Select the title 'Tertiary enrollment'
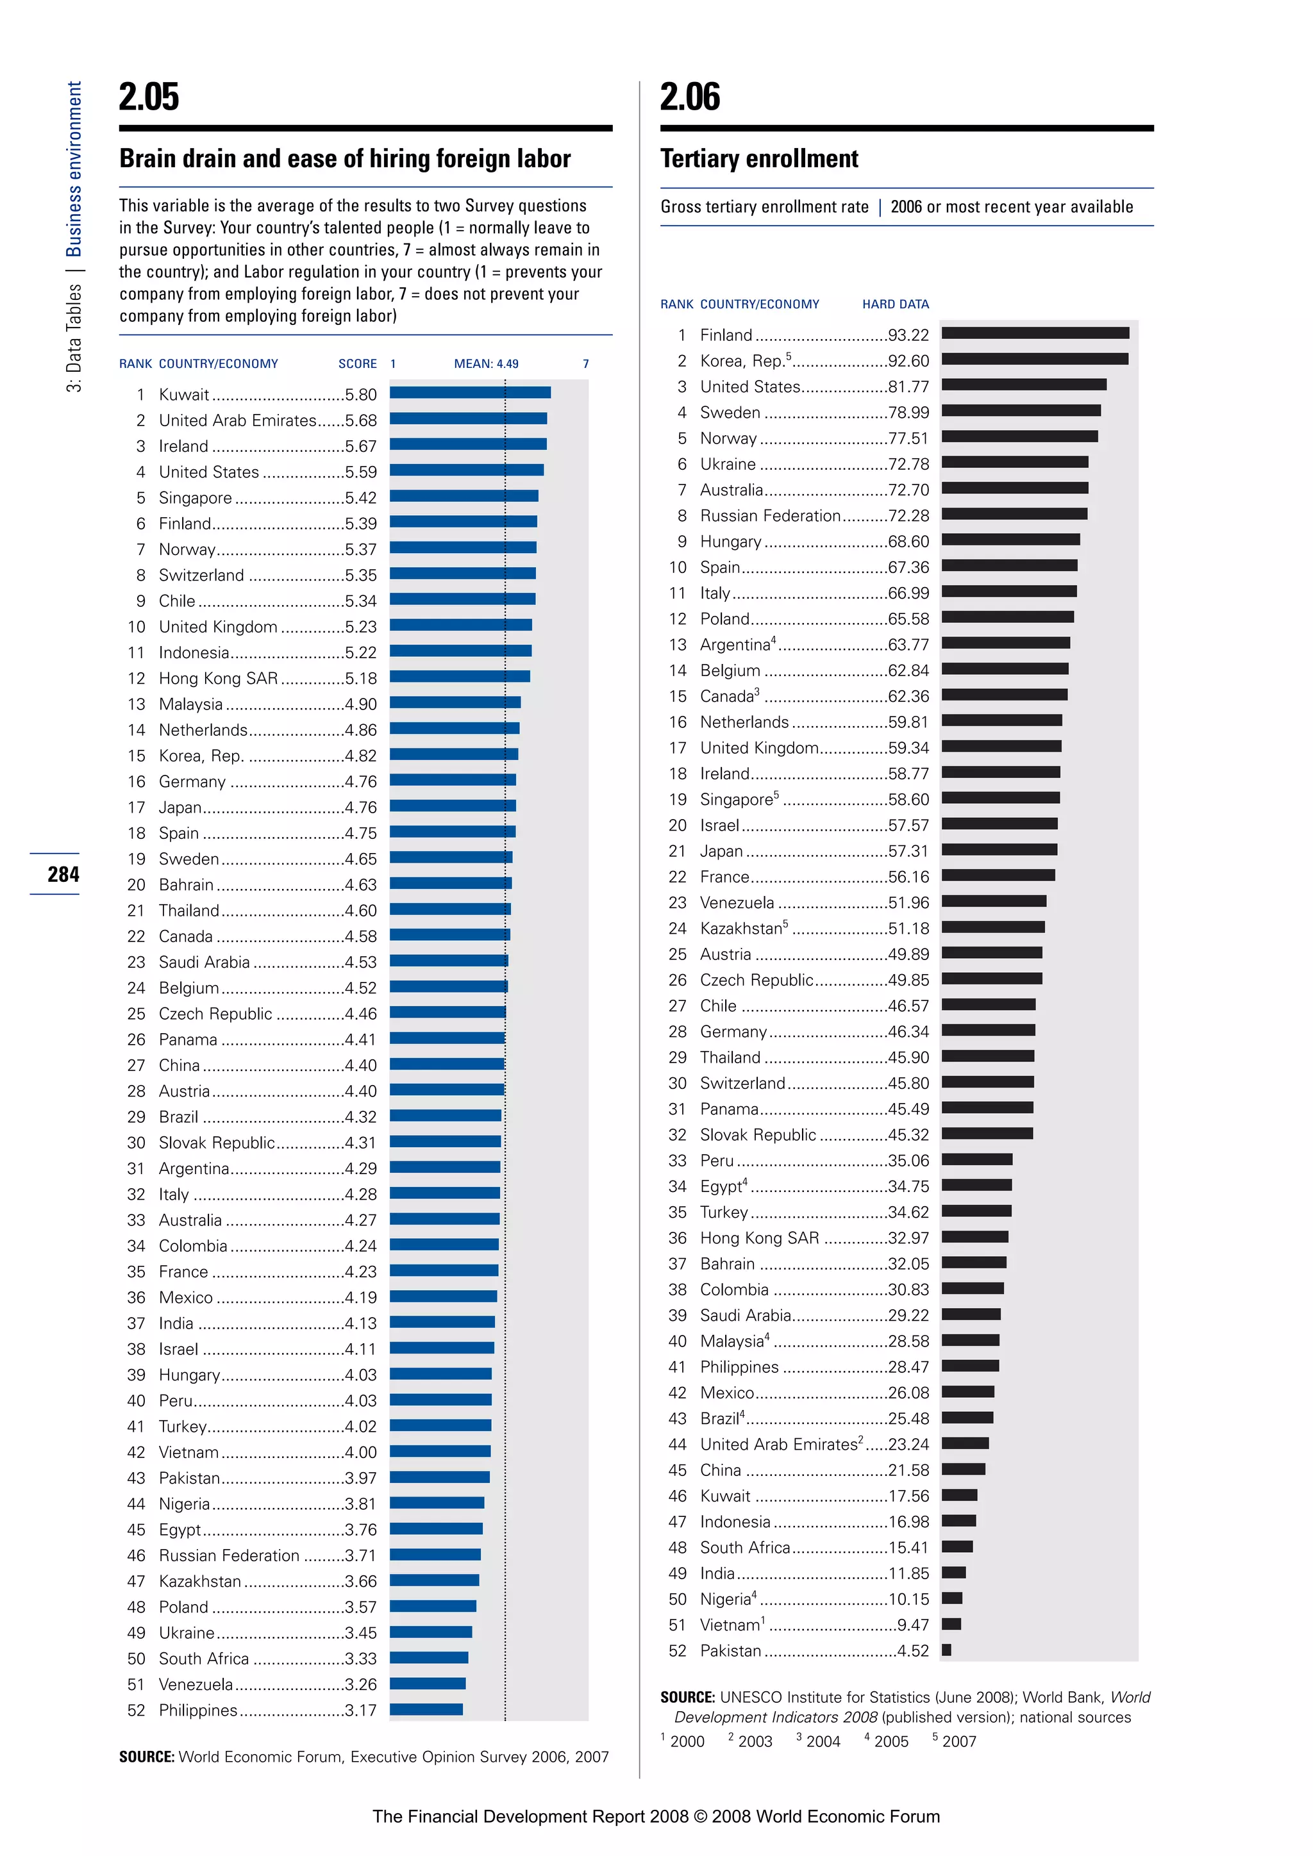[758, 158]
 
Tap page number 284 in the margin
[63, 874]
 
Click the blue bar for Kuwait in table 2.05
[470, 393]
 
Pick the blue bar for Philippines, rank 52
[426, 1709]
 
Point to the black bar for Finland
[1035, 333]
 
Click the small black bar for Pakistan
[946, 1650]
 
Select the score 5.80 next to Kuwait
[360, 395]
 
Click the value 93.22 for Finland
[908, 335]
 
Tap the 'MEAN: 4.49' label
[486, 364]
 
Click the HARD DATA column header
[895, 304]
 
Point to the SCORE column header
[357, 364]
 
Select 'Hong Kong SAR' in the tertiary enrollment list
[759, 1238]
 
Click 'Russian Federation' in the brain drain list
[229, 1555]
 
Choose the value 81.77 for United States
[908, 386]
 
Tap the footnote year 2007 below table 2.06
[959, 1741]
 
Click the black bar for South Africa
[957, 1546]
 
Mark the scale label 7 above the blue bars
[585, 364]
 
